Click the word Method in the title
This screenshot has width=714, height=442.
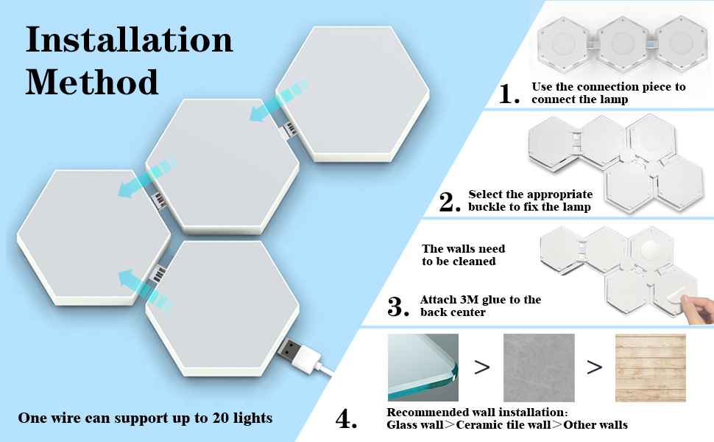pos(92,81)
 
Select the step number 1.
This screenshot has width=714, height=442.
pos(510,94)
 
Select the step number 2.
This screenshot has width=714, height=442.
pos(449,202)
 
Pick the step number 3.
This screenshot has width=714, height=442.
pos(397,306)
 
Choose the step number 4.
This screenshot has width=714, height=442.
pos(346,419)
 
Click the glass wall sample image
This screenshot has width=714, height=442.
pos(423,367)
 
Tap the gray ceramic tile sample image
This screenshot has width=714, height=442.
pos(538,367)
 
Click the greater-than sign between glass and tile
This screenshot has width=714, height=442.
pos(481,367)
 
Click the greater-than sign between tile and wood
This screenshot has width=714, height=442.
pos(595,367)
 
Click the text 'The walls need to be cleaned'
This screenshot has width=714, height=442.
pos(463,255)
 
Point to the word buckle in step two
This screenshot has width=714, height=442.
pos(487,207)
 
